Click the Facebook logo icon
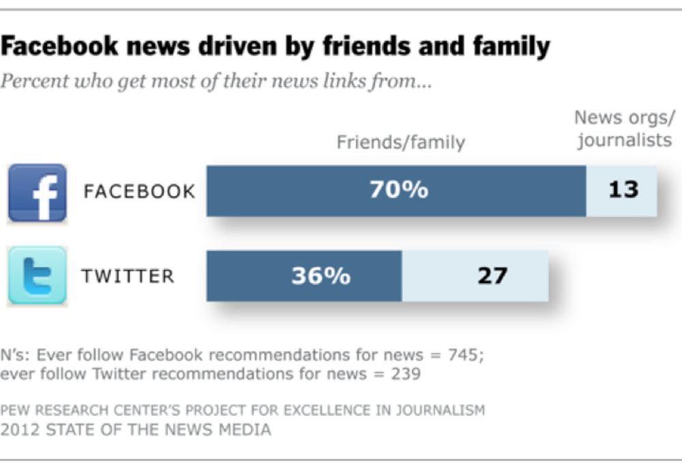(x=37, y=193)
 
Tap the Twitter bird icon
(x=37, y=276)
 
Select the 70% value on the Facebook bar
(x=399, y=190)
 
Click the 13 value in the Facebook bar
(x=623, y=190)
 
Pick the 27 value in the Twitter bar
(x=492, y=276)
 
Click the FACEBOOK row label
(x=139, y=191)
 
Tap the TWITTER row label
(x=128, y=276)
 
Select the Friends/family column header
(x=401, y=142)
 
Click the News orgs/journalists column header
(x=623, y=129)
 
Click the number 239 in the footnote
(x=404, y=373)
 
